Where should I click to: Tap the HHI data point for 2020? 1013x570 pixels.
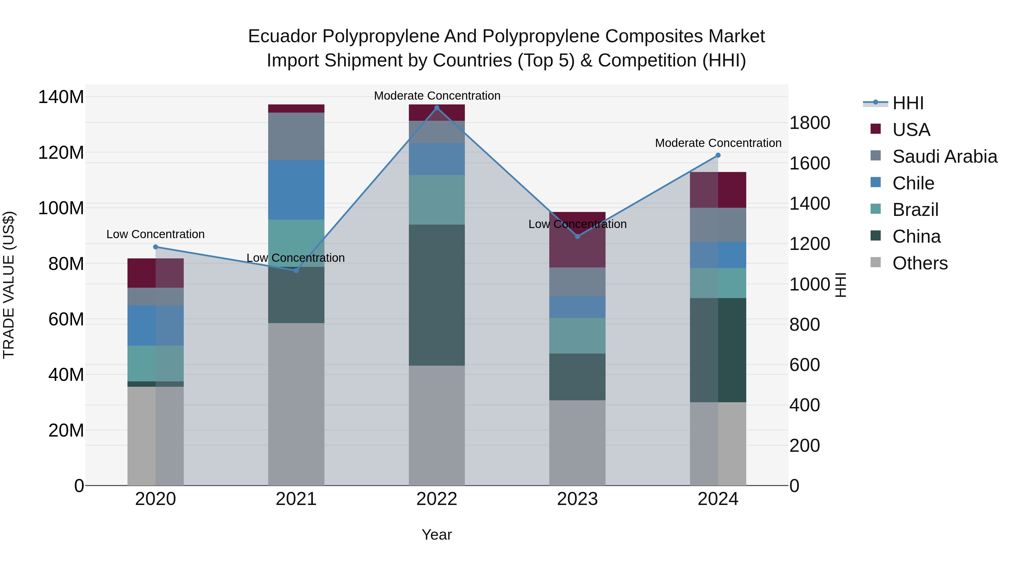(x=155, y=247)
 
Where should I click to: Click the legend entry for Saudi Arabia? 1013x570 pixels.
(x=944, y=157)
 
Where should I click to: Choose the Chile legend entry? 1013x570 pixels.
(x=913, y=183)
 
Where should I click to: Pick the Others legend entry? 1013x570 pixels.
(x=920, y=263)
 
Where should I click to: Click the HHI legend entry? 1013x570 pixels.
(x=907, y=103)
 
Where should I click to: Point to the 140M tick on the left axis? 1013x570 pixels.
(x=61, y=97)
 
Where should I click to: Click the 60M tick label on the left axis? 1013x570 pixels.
(x=66, y=319)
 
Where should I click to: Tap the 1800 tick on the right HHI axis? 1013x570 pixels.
(x=809, y=123)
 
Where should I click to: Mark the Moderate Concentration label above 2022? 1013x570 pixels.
(x=437, y=96)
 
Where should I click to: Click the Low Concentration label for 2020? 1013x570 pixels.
(x=155, y=234)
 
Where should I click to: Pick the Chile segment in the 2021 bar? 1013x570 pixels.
(x=296, y=190)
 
